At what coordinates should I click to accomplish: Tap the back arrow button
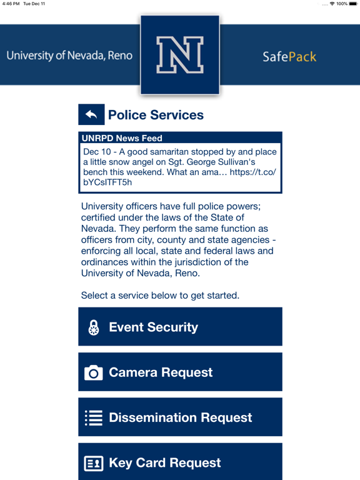coord(91,114)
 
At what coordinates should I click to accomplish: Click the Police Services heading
coord(156,115)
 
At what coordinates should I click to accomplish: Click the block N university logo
coord(180,56)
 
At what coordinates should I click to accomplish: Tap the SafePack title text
coord(289,57)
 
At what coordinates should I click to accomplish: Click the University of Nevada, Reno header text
coord(70,56)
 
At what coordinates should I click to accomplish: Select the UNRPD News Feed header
coord(122,138)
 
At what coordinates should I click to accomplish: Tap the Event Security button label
coord(153,327)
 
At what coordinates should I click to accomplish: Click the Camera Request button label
coord(161,372)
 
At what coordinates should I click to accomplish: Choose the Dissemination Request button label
coord(180,417)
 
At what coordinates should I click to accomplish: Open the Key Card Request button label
coord(164,462)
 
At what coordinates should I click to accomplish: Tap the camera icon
coord(93,373)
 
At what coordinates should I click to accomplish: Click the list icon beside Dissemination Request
coord(94,418)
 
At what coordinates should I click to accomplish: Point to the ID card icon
coord(94,463)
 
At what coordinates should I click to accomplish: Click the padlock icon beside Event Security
coord(94,327)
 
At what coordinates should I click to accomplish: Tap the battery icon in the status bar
coord(352,4)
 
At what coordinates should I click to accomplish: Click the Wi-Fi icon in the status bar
coord(332,4)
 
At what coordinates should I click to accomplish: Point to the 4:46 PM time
coord(11,4)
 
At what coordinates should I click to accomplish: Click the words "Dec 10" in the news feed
coord(96,152)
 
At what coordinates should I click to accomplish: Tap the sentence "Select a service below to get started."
coord(160,295)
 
